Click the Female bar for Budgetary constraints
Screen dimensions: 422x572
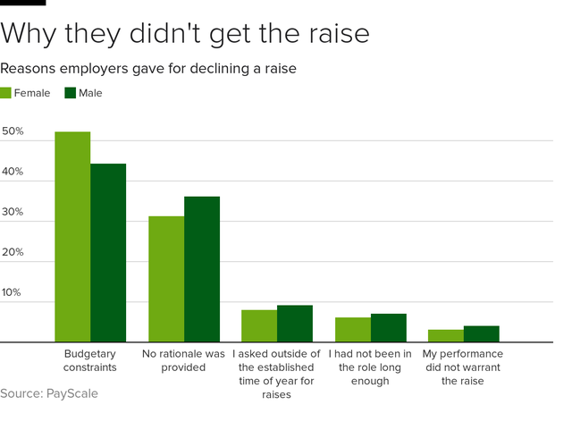click(x=72, y=237)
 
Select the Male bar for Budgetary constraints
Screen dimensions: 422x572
click(x=108, y=253)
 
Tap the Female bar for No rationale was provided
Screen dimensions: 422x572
click(x=166, y=279)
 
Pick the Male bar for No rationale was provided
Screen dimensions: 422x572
click(x=202, y=269)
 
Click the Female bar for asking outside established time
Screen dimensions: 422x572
click(x=259, y=326)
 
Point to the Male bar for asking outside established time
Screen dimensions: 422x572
click(x=295, y=324)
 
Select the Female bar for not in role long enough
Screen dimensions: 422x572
click(x=353, y=330)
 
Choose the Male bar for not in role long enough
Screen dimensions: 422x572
click(x=389, y=328)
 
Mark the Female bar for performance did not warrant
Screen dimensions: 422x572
click(x=446, y=336)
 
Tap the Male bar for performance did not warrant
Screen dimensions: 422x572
click(x=482, y=334)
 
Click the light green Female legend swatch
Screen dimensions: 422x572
click(x=6, y=93)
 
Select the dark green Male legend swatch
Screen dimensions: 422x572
click(x=71, y=93)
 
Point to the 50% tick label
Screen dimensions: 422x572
click(x=13, y=131)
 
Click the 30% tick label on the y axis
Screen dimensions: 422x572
click(x=13, y=212)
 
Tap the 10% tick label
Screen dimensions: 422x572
click(x=13, y=292)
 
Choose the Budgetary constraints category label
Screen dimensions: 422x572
click(x=89, y=361)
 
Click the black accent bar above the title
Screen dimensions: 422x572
click(x=22, y=3)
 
